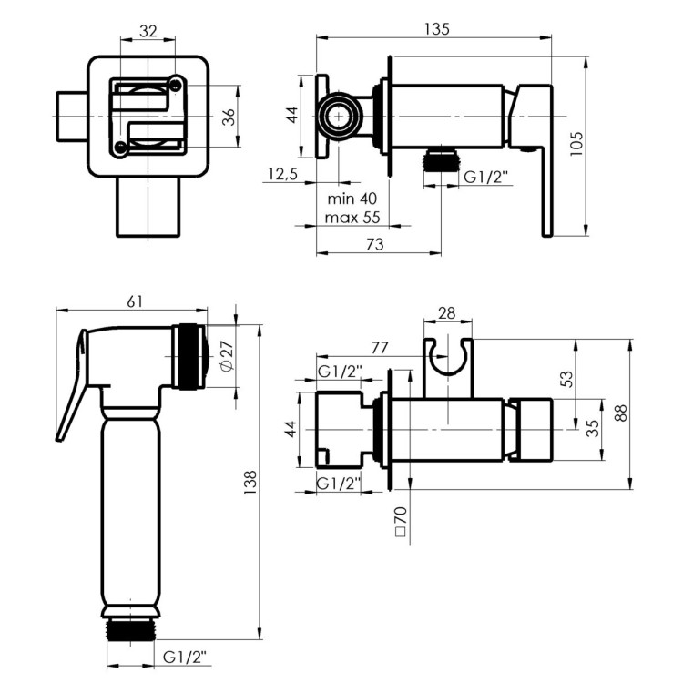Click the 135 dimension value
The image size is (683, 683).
(x=436, y=29)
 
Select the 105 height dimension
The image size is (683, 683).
(x=576, y=143)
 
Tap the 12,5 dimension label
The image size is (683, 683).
(x=282, y=174)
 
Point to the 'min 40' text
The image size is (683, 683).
(x=352, y=199)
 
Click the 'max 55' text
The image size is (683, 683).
(x=352, y=217)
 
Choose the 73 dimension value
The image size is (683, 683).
(x=374, y=244)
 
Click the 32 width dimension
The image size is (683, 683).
(x=148, y=31)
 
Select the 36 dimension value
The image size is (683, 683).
(x=229, y=117)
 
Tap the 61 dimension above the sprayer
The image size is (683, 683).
(x=135, y=301)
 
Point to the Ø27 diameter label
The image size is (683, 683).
(x=227, y=356)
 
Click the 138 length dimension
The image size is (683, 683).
(x=251, y=482)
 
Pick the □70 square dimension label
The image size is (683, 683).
(x=401, y=521)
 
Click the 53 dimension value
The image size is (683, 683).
(x=566, y=379)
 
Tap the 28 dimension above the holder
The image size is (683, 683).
(x=447, y=312)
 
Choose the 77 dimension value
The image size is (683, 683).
(x=380, y=348)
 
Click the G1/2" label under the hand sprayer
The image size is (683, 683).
(x=185, y=657)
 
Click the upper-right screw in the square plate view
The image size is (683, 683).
(x=176, y=85)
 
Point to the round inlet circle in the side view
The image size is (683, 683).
(x=339, y=117)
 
